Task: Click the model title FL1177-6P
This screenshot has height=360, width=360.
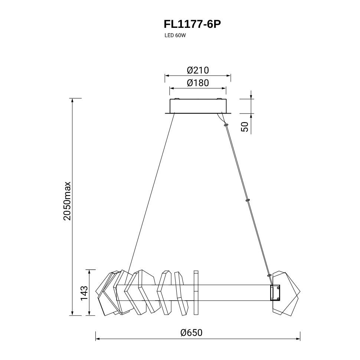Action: [192, 24]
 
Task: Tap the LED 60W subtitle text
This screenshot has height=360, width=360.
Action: [175, 36]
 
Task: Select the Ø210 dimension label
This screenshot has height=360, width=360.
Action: [198, 70]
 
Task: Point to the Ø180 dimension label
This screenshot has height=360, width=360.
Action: [198, 83]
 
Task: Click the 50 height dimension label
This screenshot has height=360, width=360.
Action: [245, 127]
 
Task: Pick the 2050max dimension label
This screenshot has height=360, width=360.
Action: [67, 201]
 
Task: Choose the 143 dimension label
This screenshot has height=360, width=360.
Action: [84, 293]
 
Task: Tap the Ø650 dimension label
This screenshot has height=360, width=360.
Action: [192, 333]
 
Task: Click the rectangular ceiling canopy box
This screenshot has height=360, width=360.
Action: [198, 106]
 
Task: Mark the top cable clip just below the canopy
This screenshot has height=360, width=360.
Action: [226, 125]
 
